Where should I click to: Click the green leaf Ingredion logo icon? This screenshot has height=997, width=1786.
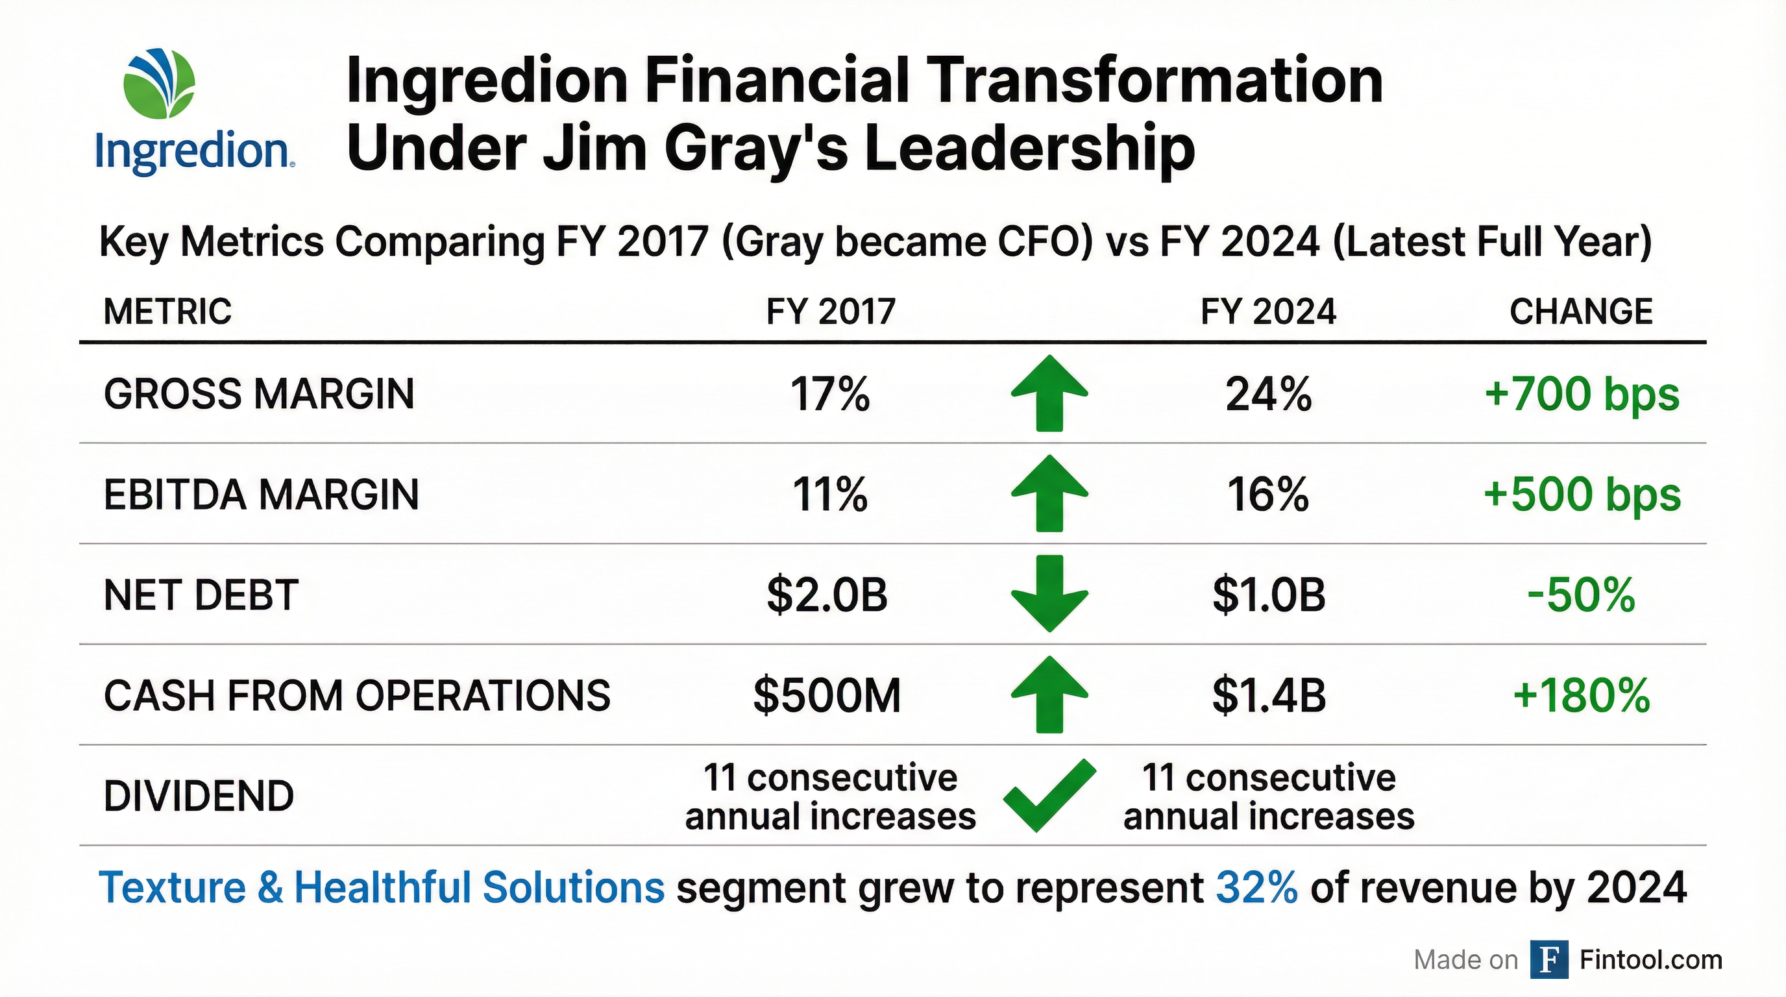(159, 83)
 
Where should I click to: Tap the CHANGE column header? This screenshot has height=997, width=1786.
(1581, 312)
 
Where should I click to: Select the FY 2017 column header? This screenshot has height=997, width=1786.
(831, 312)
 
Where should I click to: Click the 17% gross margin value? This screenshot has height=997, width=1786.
(830, 395)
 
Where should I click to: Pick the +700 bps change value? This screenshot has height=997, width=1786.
(1582, 395)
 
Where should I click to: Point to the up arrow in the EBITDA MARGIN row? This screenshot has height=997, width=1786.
(1049, 494)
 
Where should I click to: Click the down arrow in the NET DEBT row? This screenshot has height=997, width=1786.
(1049, 593)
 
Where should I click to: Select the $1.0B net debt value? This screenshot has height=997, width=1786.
(1268, 595)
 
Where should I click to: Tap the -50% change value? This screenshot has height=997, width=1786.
(1581, 595)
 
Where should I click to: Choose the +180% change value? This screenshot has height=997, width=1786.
(1581, 695)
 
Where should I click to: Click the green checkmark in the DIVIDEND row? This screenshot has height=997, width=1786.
(1049, 795)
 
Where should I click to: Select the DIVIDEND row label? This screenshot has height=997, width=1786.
(199, 796)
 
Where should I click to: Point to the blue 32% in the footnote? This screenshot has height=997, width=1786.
(1256, 887)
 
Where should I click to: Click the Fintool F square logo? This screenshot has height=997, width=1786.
(1548, 959)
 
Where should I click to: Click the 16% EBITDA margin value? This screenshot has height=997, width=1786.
(1267, 495)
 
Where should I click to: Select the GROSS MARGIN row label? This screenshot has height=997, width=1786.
(258, 395)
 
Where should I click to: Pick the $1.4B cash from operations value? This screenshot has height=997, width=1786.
(1268, 695)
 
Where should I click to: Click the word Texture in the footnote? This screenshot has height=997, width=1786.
(172, 887)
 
